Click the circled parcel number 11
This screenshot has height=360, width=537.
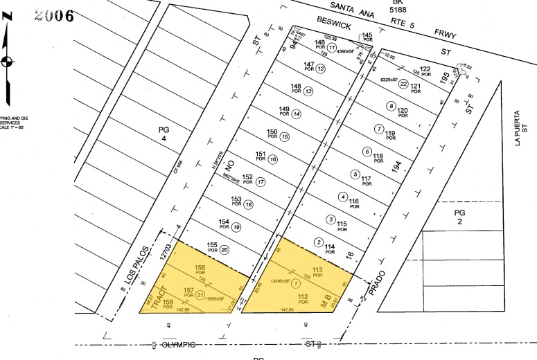(x=332, y=48)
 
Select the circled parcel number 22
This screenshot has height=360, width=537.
(x=403, y=84)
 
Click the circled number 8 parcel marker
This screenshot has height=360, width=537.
(x=391, y=106)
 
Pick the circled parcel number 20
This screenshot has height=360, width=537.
(x=225, y=250)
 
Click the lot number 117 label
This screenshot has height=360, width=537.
(x=367, y=179)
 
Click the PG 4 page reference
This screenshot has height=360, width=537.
(x=164, y=134)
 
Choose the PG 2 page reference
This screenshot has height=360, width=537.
(x=459, y=217)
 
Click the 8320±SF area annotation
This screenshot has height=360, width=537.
(x=393, y=82)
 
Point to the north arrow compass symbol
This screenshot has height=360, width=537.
(x=8, y=61)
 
